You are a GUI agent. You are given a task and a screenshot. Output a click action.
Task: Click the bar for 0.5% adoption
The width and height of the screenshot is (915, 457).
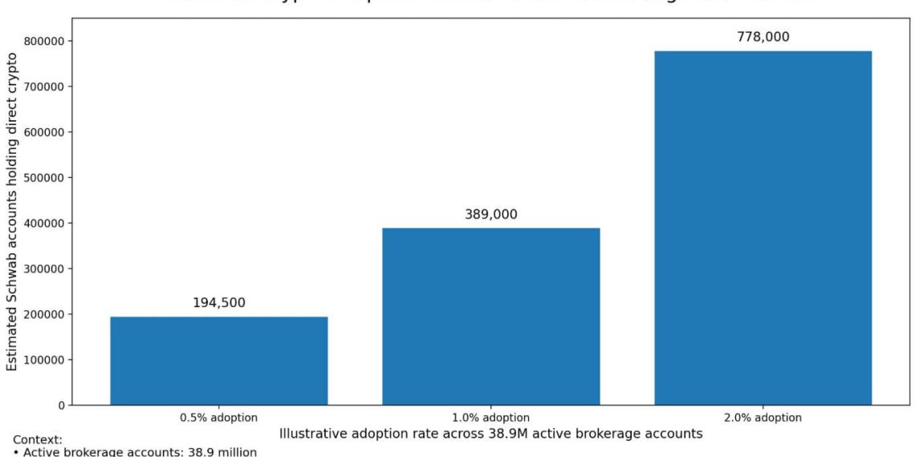point(218,360)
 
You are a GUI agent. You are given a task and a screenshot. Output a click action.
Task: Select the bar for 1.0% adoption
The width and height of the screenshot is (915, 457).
point(490,316)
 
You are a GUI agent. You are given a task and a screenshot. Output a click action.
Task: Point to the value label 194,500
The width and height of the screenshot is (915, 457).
point(218,303)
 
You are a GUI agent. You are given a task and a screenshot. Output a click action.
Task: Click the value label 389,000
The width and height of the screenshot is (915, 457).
point(490,214)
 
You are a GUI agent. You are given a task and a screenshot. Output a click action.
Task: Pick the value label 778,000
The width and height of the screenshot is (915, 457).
point(762,37)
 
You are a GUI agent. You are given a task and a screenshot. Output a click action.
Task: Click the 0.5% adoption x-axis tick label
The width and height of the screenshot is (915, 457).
point(218,418)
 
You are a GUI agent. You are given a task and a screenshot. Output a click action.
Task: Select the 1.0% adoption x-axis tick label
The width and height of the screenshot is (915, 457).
point(490,418)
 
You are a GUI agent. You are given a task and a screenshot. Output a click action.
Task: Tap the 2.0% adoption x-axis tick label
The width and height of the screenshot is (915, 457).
point(762,418)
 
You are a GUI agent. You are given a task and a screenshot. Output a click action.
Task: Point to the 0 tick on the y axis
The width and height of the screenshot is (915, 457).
point(61,406)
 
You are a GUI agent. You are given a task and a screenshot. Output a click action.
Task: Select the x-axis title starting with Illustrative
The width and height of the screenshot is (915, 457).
point(490,433)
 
